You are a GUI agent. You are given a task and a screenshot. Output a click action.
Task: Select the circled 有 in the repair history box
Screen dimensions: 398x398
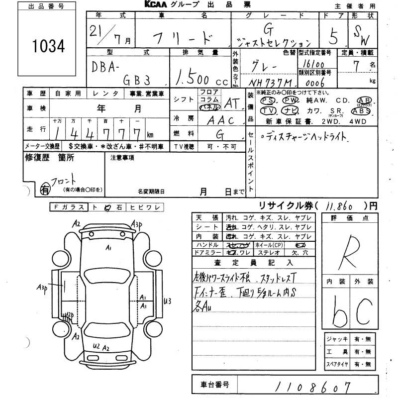45,189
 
